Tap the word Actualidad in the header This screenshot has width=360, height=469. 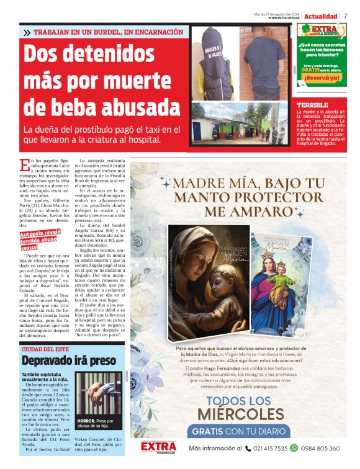pos(320,16)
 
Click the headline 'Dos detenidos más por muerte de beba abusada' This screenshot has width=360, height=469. pos(92,80)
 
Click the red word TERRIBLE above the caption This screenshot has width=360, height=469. pos(312,105)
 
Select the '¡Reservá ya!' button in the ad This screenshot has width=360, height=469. pos(322,78)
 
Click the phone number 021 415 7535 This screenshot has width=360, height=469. pos(269,448)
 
